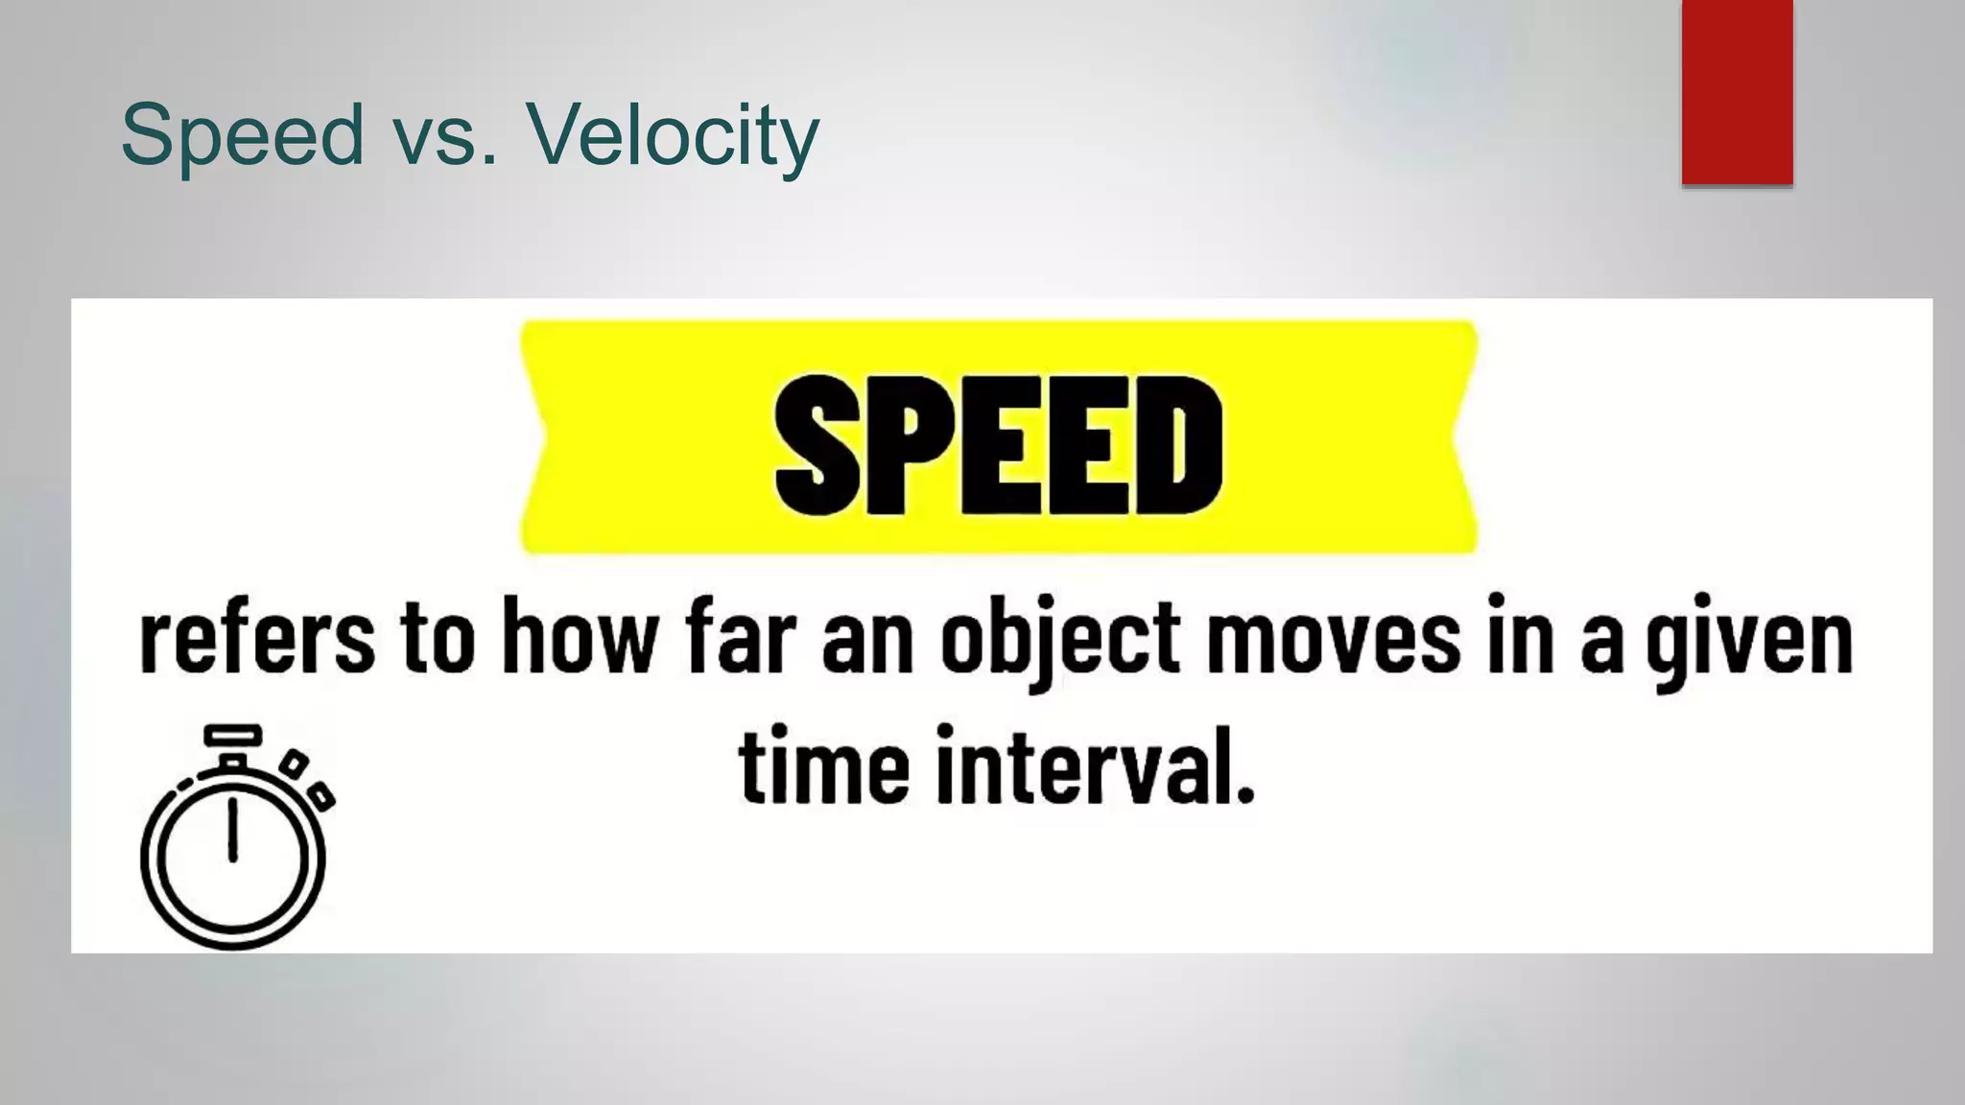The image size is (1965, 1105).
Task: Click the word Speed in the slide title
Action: coord(242,135)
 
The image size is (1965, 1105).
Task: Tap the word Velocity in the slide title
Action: coord(672,135)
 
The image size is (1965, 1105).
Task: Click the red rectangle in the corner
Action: coord(1737,91)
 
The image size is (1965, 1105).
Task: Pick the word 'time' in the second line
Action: coord(824,767)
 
